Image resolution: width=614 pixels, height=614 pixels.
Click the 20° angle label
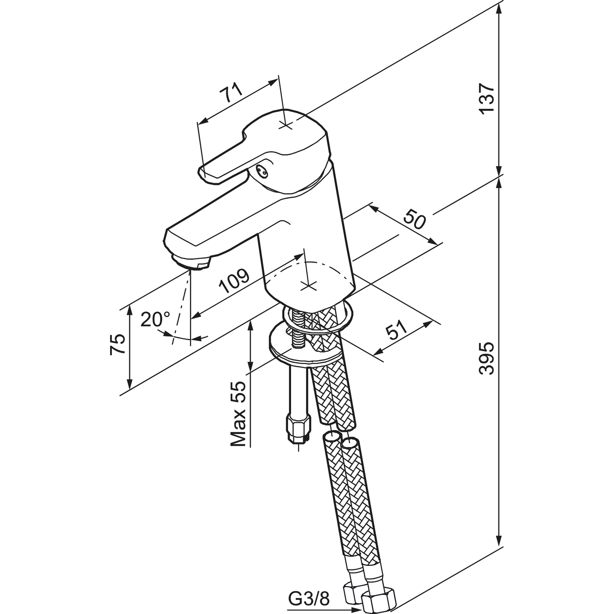pos(155,319)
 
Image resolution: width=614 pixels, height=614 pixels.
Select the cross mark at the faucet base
pos(309,286)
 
